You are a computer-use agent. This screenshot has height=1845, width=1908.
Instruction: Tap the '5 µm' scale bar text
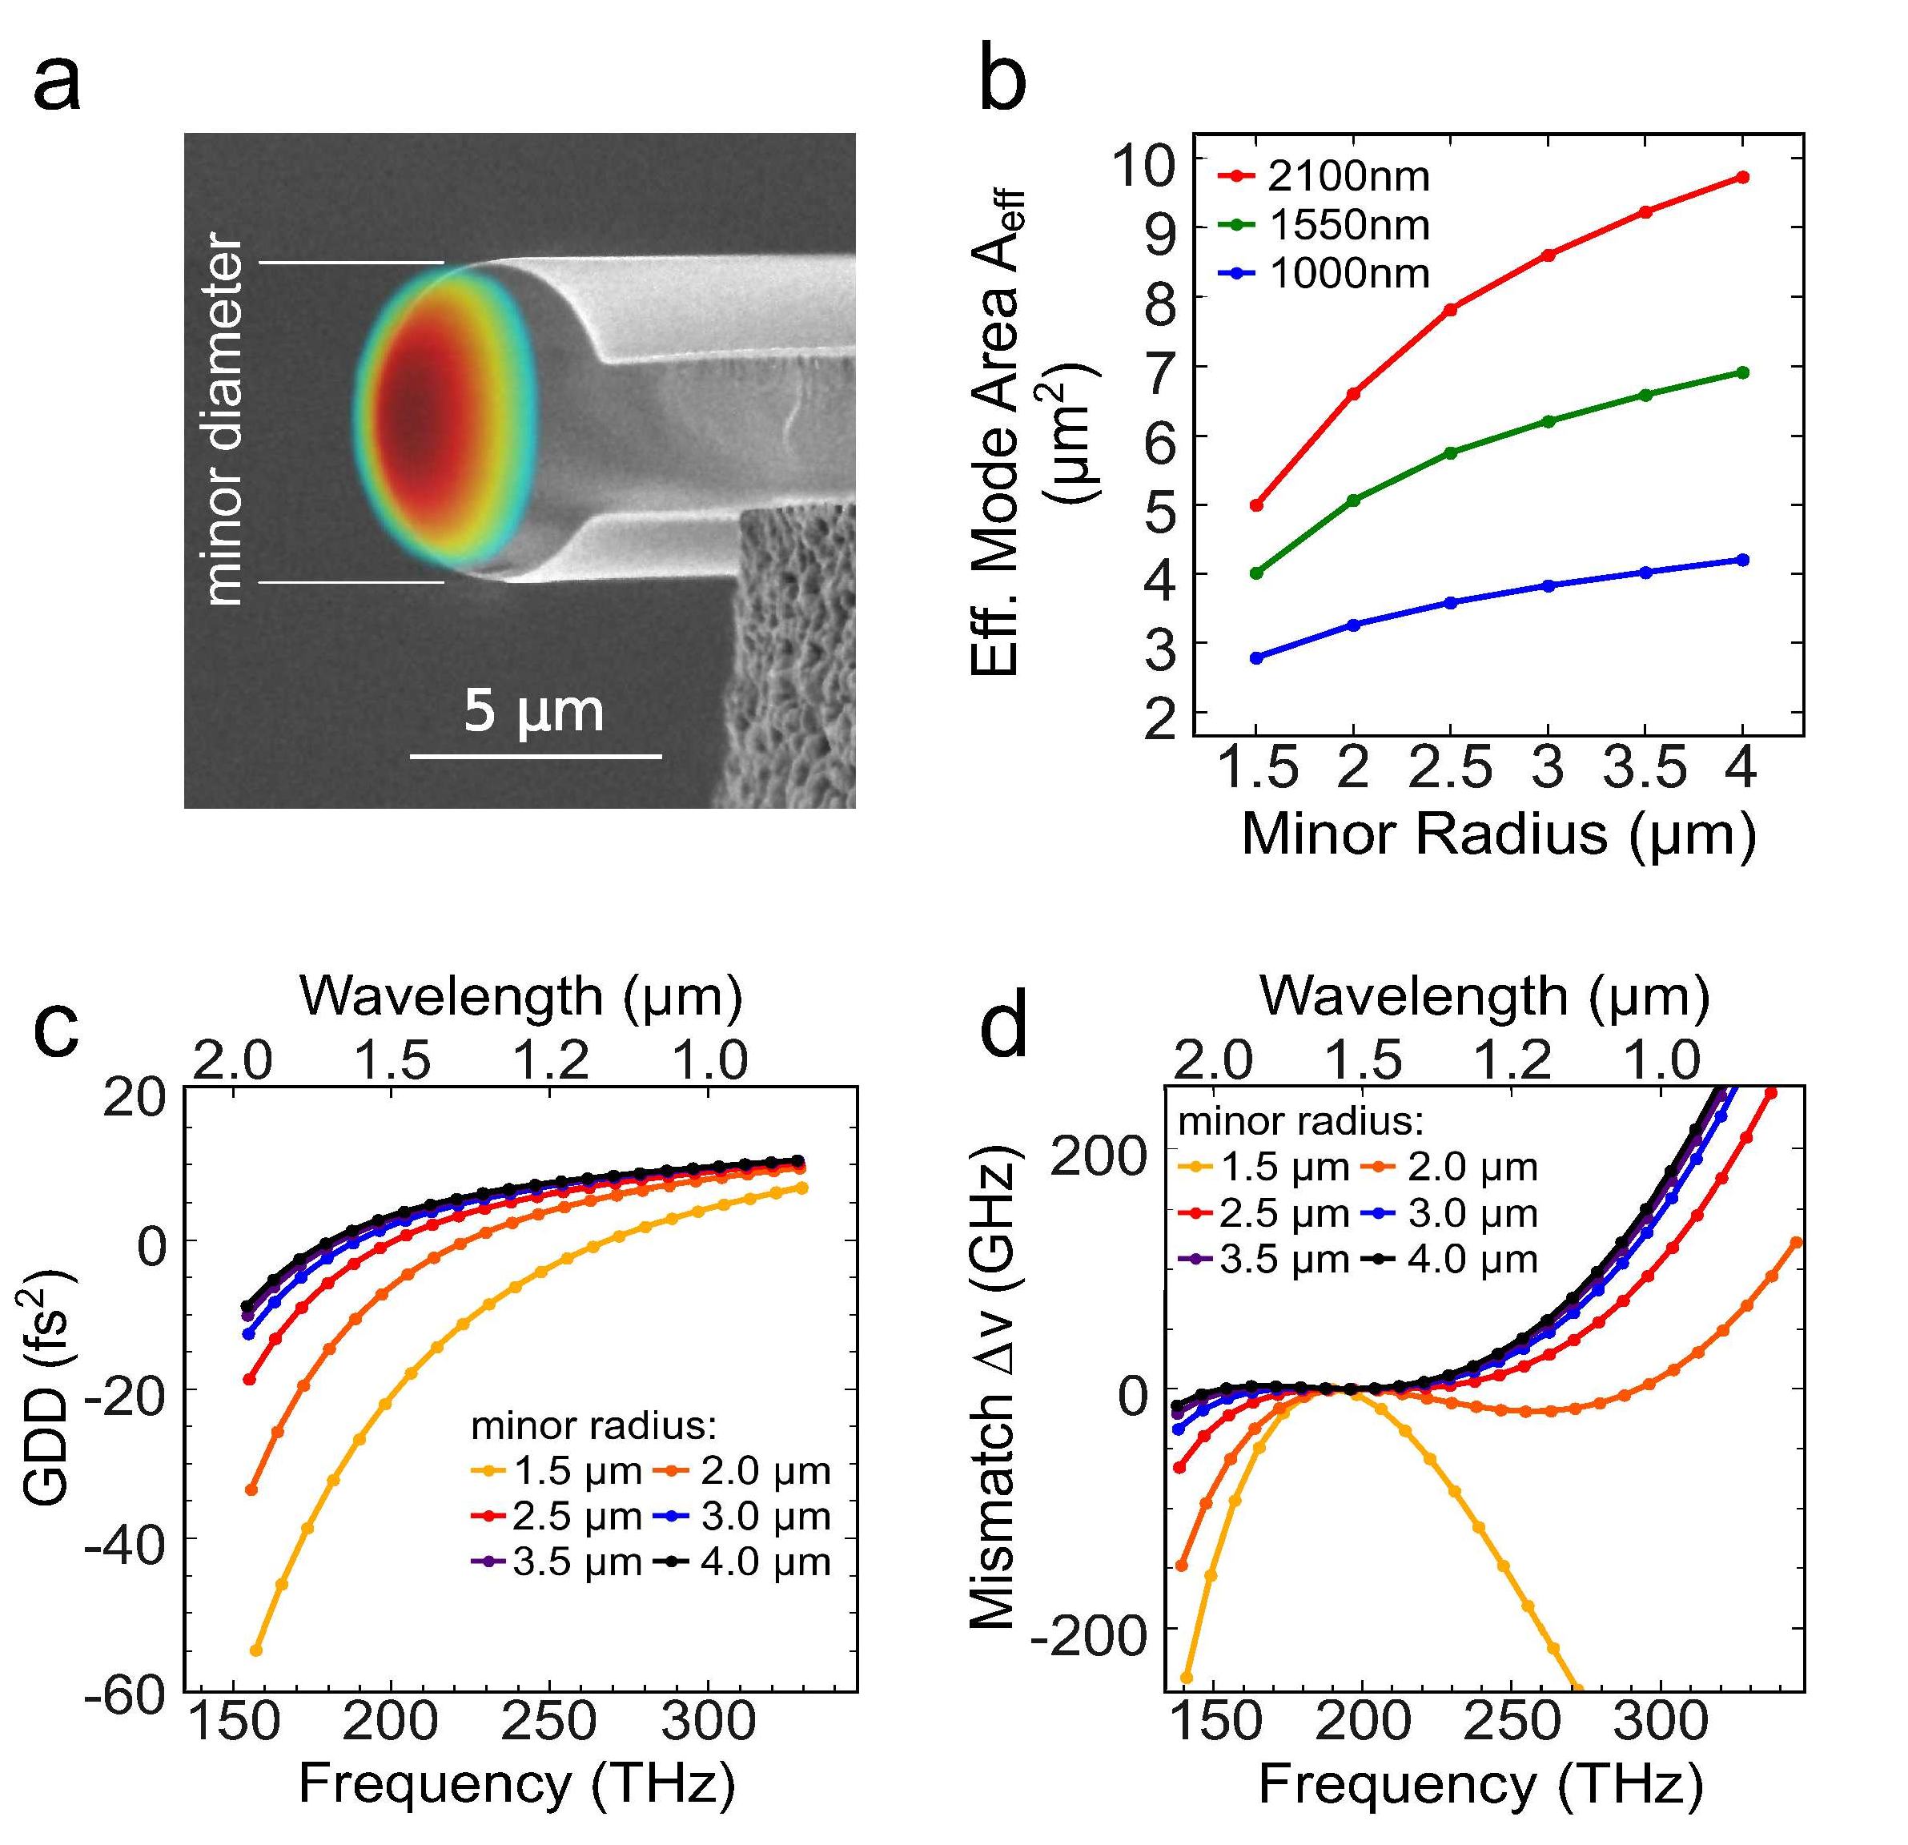click(532, 711)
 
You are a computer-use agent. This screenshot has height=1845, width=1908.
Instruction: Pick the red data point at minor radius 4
click(1742, 177)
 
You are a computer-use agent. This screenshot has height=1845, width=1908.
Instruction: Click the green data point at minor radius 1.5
click(1255, 573)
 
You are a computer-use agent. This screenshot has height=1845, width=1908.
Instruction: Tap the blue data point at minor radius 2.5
click(1451, 603)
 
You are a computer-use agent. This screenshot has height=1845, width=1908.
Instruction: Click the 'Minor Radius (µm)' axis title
click(1498, 834)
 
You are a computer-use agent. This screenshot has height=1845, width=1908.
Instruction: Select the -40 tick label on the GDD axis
click(127, 1539)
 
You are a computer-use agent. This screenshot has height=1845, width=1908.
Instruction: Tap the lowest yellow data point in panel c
click(256, 1650)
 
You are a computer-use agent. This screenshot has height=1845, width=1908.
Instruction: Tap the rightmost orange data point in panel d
click(1796, 1242)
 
